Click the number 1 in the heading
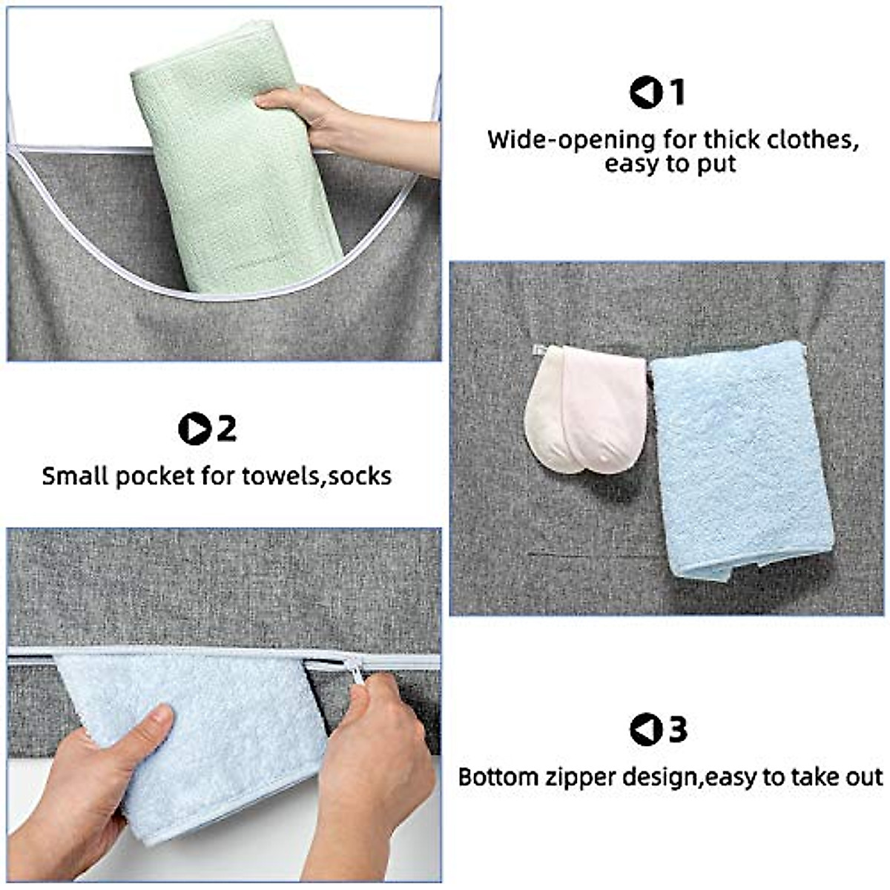point(676,93)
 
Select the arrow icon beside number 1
point(645,93)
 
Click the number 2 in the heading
point(225,429)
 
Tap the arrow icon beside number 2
point(194,429)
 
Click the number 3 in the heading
point(678,730)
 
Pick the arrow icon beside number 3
point(645,730)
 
